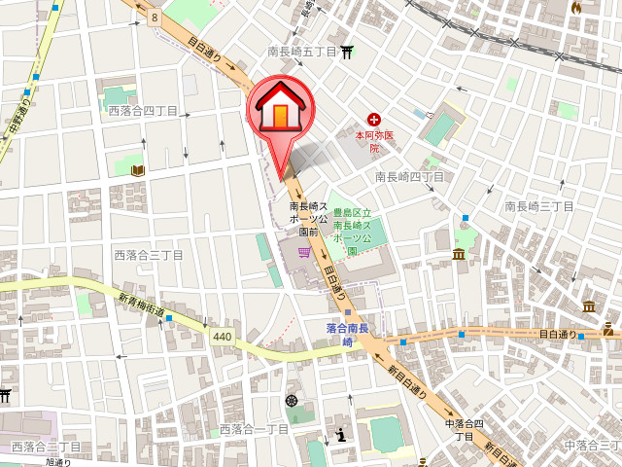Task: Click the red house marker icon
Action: click(281, 109)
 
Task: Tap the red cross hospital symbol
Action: click(373, 119)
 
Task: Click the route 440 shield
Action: click(222, 337)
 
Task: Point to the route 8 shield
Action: click(155, 18)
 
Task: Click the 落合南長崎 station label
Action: click(347, 335)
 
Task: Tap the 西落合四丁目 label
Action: click(143, 112)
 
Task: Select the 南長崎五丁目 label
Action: click(303, 51)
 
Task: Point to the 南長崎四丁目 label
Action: click(409, 176)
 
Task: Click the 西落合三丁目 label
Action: click(149, 255)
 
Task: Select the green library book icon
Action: click(137, 170)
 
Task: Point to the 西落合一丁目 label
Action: click(254, 429)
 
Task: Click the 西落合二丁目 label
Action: click(46, 447)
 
